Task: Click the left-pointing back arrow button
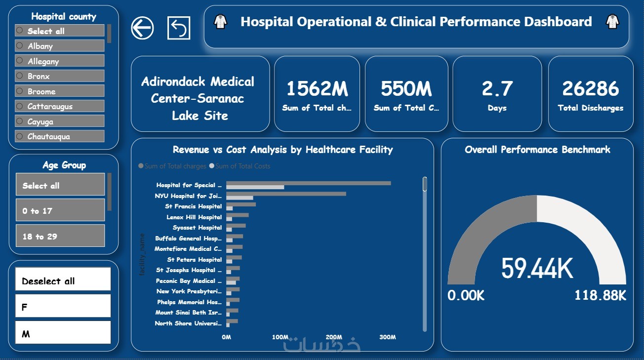142,28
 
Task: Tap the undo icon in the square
178,28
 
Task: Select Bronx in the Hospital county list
59,76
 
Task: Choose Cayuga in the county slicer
59,121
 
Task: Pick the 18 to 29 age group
60,236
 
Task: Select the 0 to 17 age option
60,210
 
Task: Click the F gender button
63,307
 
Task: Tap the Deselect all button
63,280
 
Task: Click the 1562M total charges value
317,88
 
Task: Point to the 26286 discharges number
590,88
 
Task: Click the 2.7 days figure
497,88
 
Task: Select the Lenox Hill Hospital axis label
194,217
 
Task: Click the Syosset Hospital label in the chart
197,228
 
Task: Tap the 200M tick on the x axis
334,337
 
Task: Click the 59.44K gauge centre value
537,269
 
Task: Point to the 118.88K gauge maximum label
600,296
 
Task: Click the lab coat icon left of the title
220,22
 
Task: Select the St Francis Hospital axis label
193,206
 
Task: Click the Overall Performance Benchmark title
537,150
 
